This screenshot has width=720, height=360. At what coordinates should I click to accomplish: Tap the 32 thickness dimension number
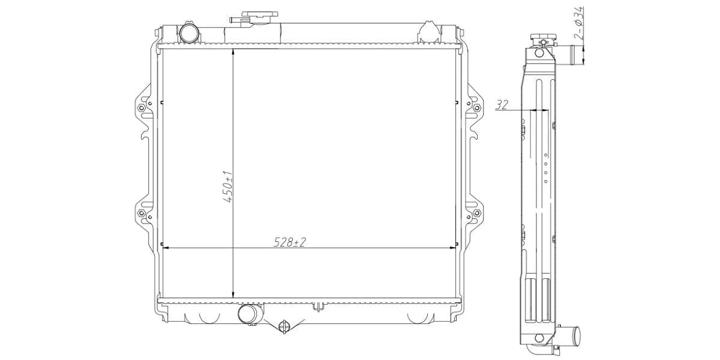[502, 105]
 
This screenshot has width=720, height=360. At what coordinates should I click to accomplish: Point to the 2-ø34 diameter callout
[578, 24]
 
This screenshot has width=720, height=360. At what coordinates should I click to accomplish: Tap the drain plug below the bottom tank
[284, 326]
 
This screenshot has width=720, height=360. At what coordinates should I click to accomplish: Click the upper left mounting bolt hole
[141, 108]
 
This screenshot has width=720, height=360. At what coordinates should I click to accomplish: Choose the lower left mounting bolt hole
[141, 214]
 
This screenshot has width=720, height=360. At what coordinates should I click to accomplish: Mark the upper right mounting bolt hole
[478, 108]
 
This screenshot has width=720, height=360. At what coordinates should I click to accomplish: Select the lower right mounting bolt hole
[478, 214]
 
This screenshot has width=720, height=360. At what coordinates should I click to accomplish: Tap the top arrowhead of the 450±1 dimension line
[233, 52]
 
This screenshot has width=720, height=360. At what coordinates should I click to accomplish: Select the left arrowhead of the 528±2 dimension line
[166, 247]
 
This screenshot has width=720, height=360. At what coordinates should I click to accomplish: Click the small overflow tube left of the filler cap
[235, 20]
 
